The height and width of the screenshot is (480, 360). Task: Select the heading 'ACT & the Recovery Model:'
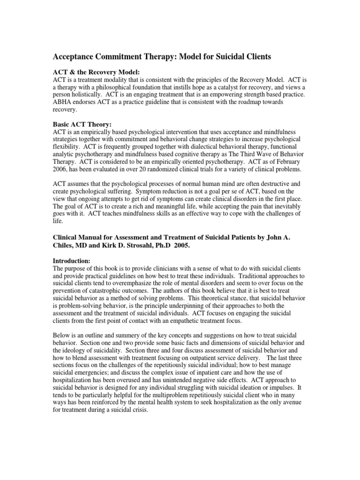pyautogui.click(x=93, y=72)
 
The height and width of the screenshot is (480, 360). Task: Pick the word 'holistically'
pyautogui.click(x=88, y=94)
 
